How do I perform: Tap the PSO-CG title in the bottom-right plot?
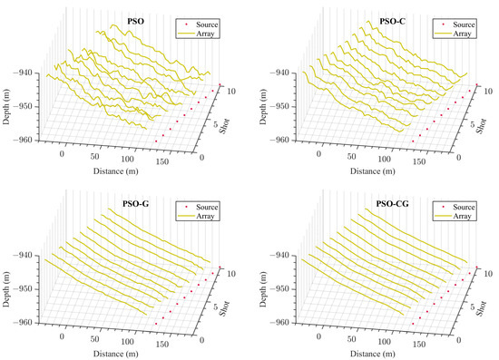pyautogui.click(x=392, y=206)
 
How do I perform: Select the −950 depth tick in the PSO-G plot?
pyautogui.click(x=25, y=289)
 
